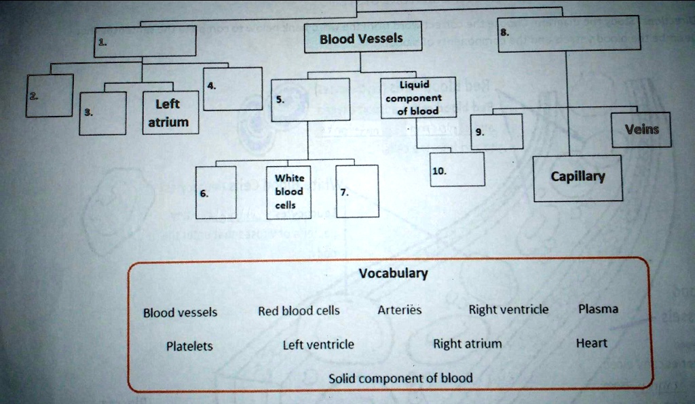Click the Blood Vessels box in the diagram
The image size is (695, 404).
pos(362,38)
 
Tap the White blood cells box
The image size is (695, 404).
pos(288,192)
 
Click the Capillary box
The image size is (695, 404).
pos(578,178)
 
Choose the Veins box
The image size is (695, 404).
pos(641,129)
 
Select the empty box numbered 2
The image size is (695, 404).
pos(49,96)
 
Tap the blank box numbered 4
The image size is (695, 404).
pos(232,89)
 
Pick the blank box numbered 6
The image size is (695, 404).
pos(216,192)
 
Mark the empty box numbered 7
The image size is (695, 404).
pos(357,192)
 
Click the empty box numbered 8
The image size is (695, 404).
pos(567,33)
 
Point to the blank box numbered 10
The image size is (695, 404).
pos(457,169)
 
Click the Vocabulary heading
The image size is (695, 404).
pos(393,274)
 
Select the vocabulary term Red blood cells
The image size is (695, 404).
pos(299,311)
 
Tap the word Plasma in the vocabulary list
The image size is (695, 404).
pos(598,309)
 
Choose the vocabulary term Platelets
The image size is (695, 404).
pos(189,346)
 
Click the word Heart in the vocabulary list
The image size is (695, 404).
pos(591,343)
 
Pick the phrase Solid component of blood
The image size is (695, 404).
pos(400,378)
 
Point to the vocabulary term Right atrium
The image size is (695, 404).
pos(468,344)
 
